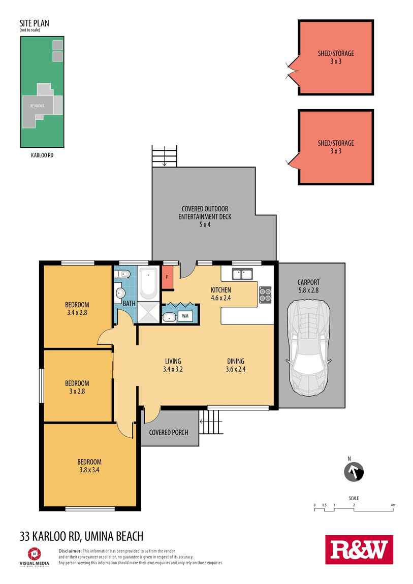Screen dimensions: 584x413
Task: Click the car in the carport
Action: (x=308, y=348)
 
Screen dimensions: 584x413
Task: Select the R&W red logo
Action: (x=359, y=549)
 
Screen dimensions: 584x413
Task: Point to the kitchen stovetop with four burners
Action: (x=265, y=295)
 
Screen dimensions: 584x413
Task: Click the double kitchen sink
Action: (x=243, y=275)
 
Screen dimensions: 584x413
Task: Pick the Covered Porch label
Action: (x=169, y=432)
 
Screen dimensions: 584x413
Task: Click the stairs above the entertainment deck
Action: (x=165, y=155)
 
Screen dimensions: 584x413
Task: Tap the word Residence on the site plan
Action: (x=37, y=106)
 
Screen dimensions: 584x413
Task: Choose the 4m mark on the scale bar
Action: (x=393, y=505)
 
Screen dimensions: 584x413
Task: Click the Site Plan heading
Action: (x=34, y=23)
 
